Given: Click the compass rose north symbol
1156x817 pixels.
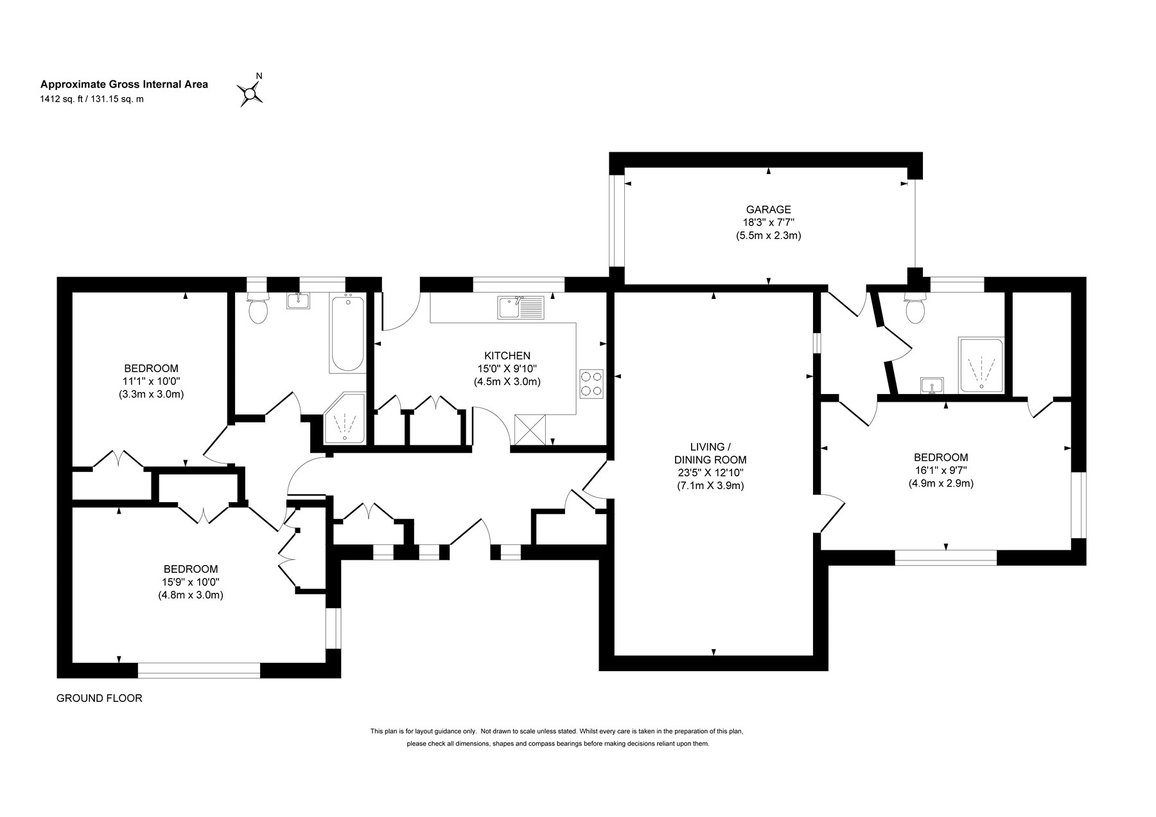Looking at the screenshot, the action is tap(250, 93).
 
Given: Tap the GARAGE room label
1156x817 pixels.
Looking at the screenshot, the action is tap(768, 210).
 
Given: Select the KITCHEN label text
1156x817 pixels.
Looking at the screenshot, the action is tap(507, 355).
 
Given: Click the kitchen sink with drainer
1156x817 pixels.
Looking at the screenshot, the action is tap(520, 307).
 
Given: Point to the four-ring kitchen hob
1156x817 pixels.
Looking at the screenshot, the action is tap(591, 383).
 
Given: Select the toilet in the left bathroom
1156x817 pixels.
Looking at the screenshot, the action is tap(258, 309).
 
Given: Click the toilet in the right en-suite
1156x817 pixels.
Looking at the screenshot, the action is tap(915, 308).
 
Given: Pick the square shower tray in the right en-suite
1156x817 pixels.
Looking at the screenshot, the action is tap(981, 365).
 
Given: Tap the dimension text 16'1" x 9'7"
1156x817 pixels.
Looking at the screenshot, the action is tap(941, 470).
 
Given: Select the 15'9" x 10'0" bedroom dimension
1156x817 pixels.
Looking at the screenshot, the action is tap(191, 582).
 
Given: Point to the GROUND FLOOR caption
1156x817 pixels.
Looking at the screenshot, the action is tap(100, 698).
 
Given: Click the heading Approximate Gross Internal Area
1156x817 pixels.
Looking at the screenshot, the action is tap(124, 84).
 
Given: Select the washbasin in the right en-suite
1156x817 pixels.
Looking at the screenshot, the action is tap(931, 386).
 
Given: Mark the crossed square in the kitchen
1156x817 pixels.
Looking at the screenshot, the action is tap(530, 429).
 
